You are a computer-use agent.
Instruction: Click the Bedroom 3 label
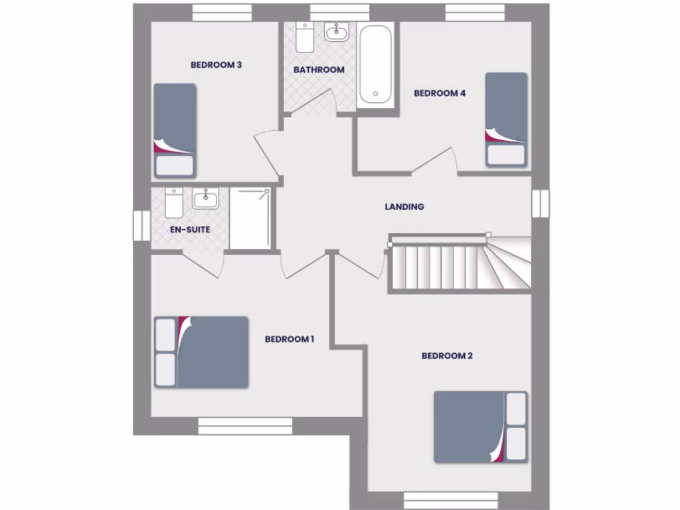216,65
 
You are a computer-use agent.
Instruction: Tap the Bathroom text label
319,70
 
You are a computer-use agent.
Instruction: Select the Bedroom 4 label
440,94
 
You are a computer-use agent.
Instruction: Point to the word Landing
404,207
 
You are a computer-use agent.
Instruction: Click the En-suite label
190,230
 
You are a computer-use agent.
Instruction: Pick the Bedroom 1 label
290,339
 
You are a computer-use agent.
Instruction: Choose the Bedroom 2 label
447,356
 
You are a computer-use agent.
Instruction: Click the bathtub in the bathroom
375,64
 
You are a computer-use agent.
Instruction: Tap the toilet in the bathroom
305,37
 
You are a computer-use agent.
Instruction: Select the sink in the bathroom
337,31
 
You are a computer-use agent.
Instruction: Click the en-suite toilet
174,203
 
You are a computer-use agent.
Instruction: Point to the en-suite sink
205,198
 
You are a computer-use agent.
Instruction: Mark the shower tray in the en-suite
250,218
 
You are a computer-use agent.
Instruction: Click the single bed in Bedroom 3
175,130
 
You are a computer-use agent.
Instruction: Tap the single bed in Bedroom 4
506,120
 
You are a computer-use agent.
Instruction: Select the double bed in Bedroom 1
201,352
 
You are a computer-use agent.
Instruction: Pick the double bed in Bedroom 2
480,426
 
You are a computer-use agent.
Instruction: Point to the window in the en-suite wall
141,226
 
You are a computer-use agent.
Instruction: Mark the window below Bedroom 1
245,426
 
